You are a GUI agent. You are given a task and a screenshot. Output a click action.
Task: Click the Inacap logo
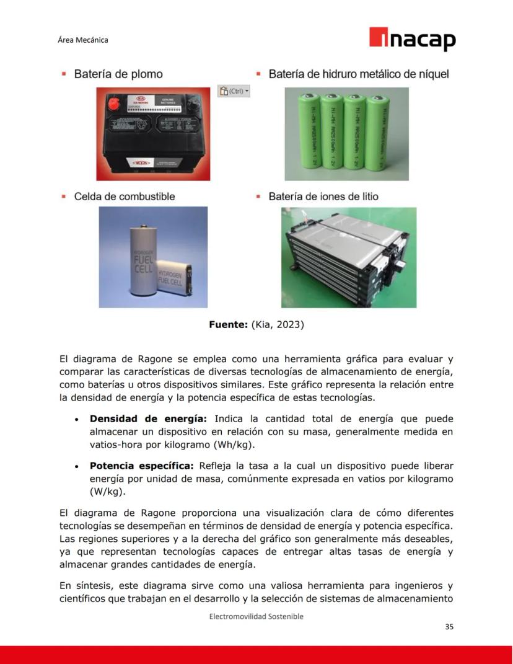412,39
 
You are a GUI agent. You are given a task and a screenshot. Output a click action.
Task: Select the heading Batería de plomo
118,74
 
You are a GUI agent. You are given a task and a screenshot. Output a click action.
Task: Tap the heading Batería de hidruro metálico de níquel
358,74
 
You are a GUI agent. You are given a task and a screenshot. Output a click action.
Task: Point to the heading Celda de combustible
124,197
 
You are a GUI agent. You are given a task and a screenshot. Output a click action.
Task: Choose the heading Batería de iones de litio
323,197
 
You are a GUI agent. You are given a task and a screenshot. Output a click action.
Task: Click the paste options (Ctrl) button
234,91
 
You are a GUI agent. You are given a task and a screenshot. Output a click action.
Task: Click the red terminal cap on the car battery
116,104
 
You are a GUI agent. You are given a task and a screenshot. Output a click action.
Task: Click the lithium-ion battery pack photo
348,257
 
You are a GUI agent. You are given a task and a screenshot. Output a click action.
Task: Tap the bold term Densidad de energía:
147,418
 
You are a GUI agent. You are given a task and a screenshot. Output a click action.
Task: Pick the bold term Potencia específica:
142,466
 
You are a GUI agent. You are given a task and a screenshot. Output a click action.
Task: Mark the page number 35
449,627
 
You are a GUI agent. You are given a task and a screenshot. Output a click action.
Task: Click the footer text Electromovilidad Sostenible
256,616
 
